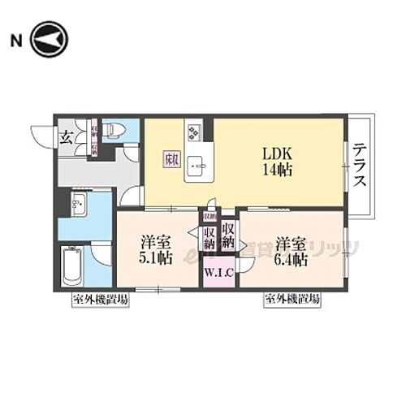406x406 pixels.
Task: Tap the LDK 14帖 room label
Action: pyautogui.click(x=275, y=162)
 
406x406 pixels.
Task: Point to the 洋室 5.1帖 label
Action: pyautogui.click(x=153, y=251)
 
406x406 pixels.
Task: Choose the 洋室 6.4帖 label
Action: pyautogui.click(x=290, y=251)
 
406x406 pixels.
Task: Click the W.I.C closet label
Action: pyautogui.click(x=219, y=272)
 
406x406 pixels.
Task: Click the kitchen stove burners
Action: pyautogui.click(x=194, y=130)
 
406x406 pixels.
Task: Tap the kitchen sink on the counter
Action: pyautogui.click(x=196, y=167)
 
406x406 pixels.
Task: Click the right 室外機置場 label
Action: pyautogui.click(x=291, y=300)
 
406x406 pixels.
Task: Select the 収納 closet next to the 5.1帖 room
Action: pyautogui.click(x=209, y=237)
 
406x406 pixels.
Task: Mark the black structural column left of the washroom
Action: pyautogui.click(x=62, y=203)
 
